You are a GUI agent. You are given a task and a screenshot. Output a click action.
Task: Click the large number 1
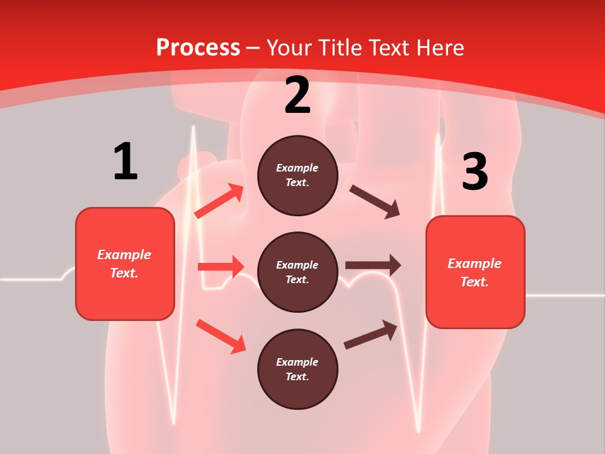(x=125, y=161)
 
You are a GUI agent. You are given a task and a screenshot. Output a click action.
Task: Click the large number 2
(x=297, y=96)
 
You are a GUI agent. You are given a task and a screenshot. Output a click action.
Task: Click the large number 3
(x=475, y=172)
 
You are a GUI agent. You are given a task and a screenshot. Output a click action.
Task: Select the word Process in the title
(x=198, y=47)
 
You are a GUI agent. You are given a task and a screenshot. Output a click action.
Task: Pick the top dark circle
(x=297, y=175)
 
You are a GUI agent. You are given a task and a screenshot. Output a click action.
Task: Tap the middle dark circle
(x=297, y=272)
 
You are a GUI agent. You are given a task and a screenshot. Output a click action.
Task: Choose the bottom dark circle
(x=297, y=369)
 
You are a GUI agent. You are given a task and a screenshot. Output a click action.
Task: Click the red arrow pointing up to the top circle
(x=219, y=201)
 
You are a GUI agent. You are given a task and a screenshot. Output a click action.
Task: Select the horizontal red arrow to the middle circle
(x=221, y=267)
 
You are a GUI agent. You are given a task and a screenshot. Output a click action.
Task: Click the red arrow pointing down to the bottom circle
(x=221, y=336)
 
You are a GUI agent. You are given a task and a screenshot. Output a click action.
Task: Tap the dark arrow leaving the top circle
(x=375, y=201)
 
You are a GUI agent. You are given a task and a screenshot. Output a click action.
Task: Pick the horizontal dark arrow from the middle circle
(x=373, y=265)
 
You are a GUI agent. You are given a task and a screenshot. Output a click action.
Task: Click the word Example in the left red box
(x=124, y=255)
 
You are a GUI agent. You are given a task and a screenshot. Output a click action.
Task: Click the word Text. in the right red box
(x=475, y=282)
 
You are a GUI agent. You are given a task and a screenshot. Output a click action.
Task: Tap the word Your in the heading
(x=289, y=47)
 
